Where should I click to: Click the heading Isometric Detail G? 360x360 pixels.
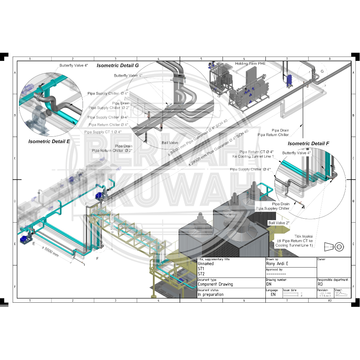[118, 65]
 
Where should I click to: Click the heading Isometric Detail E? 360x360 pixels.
[49, 141]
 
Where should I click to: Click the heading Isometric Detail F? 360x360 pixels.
[309, 143]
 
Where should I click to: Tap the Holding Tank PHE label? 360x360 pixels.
[250, 63]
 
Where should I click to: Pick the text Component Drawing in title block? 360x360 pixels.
[215, 284]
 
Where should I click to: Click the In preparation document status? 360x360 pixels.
[211, 295]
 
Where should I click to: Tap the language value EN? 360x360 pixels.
[273, 295]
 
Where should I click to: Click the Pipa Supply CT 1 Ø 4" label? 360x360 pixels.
[103, 132]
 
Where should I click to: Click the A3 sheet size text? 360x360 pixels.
[329, 301]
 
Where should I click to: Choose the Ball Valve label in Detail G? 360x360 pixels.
[170, 143]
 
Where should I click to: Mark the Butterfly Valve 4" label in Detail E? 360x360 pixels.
[73, 65]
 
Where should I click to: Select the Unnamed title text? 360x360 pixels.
[206, 264]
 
